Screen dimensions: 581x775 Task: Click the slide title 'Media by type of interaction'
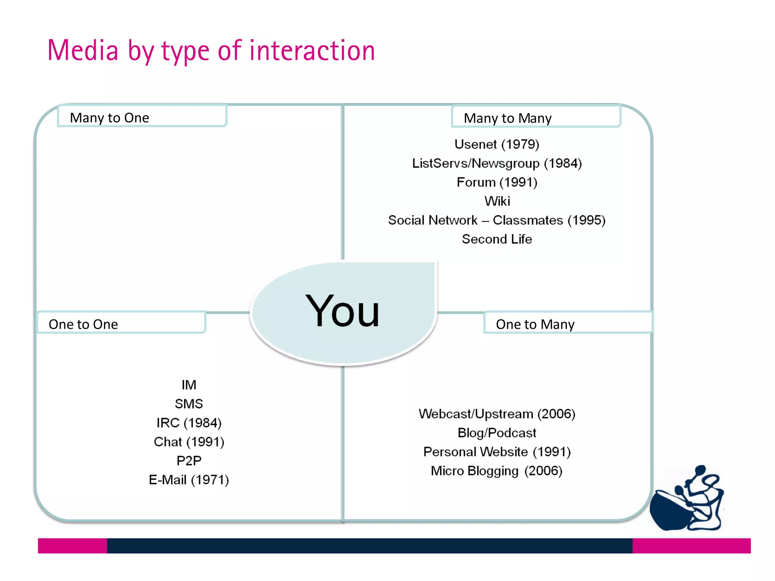coord(211,51)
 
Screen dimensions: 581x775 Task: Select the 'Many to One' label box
coord(142,116)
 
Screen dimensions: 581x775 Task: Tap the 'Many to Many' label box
coord(536,117)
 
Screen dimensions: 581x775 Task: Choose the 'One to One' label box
coord(121,323)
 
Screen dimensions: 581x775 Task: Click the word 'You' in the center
coord(342,311)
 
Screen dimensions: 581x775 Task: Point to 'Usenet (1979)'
coord(496,144)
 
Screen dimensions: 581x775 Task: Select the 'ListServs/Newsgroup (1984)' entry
coord(496,163)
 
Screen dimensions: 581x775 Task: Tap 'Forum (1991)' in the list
coord(496,182)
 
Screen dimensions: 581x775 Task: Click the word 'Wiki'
coord(497,201)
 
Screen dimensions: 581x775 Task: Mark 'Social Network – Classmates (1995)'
coord(496,220)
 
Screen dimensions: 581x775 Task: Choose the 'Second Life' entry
coord(496,239)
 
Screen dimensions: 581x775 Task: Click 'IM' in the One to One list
coord(189,385)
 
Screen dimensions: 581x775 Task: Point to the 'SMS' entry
coord(189,404)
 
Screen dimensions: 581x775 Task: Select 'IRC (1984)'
coord(189,423)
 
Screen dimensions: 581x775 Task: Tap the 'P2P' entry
coord(189,461)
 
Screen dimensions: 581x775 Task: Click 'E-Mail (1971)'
coord(189,480)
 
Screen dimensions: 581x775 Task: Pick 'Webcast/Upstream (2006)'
coord(496,414)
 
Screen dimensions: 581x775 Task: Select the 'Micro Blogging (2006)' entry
coord(496,471)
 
